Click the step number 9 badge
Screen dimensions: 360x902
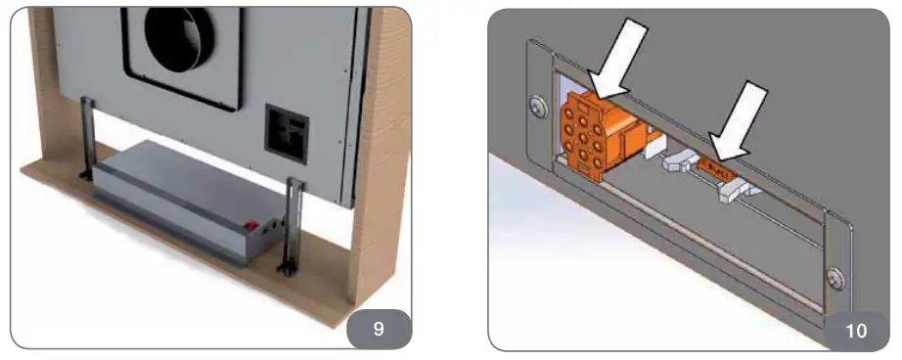coord(378,329)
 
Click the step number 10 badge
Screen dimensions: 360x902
coord(854,329)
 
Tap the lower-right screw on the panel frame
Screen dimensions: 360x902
coord(835,279)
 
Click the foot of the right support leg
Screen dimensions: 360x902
coord(290,266)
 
